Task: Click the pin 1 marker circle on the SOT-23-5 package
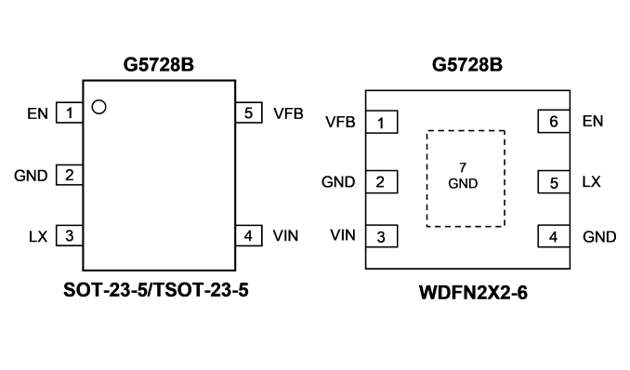tap(98, 107)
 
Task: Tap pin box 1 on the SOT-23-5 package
tap(70, 112)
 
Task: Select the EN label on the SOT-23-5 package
tap(37, 113)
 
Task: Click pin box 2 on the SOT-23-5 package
tap(70, 175)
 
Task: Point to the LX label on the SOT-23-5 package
tap(38, 236)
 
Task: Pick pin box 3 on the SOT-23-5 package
tap(70, 235)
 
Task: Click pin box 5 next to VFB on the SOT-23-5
tap(249, 112)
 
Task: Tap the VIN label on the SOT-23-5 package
tap(285, 236)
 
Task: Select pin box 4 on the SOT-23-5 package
tap(249, 236)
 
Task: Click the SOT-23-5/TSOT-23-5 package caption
tap(156, 290)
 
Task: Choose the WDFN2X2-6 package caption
tap(473, 293)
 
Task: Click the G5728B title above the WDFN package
tap(467, 64)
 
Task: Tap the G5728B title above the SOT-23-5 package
tap(159, 64)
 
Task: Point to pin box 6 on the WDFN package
tap(554, 121)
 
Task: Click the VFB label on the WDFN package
tap(340, 122)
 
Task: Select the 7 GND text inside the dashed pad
tap(463, 176)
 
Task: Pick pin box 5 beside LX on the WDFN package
tap(554, 182)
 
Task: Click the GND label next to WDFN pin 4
tap(599, 237)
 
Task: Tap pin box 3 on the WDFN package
tap(382, 236)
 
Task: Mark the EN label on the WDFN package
tap(593, 121)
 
